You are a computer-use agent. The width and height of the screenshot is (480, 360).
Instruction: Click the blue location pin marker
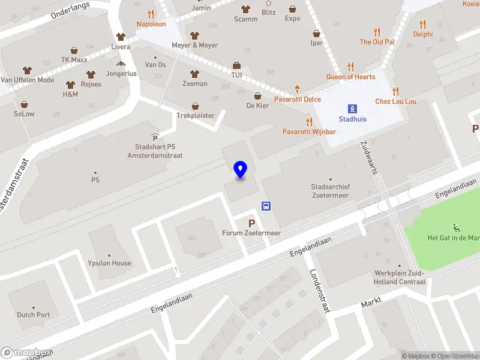click(x=241, y=170)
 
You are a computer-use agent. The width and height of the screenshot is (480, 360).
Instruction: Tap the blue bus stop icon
click(x=265, y=206)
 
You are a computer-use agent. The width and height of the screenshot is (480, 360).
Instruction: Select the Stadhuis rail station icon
click(x=352, y=109)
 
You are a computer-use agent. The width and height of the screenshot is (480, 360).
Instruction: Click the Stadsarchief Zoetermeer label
click(x=331, y=190)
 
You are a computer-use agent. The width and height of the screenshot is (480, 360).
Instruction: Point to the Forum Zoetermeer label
click(x=251, y=233)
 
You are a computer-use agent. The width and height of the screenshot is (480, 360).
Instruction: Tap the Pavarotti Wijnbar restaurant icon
click(x=309, y=122)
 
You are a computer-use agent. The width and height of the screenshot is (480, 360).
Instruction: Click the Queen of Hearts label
click(x=350, y=77)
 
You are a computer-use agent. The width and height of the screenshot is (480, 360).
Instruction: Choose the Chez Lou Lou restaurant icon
click(x=395, y=91)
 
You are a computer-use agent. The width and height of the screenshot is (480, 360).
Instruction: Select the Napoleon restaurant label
click(x=151, y=24)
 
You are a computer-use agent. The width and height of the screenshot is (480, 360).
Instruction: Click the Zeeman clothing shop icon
click(x=194, y=74)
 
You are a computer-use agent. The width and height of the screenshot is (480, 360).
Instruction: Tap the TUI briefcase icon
click(x=236, y=65)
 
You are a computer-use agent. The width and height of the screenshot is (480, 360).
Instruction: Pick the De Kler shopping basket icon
click(x=257, y=96)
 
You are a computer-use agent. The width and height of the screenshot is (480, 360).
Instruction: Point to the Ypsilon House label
click(x=109, y=263)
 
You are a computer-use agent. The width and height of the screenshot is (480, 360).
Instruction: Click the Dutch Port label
click(x=34, y=314)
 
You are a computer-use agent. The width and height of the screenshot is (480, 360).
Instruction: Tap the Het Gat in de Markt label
click(x=453, y=238)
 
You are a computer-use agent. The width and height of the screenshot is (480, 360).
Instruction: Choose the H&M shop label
click(x=70, y=94)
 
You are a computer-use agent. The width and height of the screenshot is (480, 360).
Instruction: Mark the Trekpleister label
click(x=195, y=115)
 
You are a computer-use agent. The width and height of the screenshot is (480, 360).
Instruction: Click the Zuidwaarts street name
click(x=368, y=157)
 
